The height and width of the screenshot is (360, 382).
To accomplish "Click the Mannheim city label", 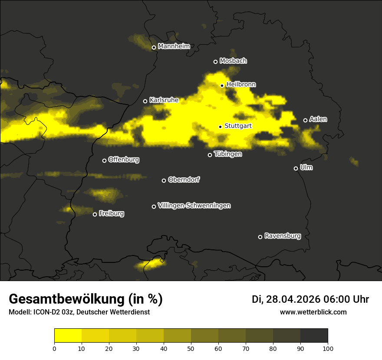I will pyautogui.click(x=174, y=46).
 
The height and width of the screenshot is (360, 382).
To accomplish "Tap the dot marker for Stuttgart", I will pyautogui.click(x=221, y=127).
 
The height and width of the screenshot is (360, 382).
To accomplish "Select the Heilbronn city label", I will pyautogui.click(x=241, y=85).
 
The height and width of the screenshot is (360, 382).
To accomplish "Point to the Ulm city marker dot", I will pyautogui.click(x=296, y=168).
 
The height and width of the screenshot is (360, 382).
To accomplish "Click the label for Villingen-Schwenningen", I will pyautogui.click(x=194, y=206).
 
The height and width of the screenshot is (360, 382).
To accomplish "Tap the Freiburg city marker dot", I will pyautogui.click(x=95, y=214).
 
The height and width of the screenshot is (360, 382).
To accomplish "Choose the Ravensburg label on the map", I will pyautogui.click(x=282, y=236).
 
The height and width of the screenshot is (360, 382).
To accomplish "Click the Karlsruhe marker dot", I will pyautogui.click(x=145, y=101).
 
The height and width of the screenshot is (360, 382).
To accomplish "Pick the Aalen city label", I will pyautogui.click(x=318, y=119).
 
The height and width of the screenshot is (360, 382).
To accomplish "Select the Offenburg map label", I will pyautogui.click(x=124, y=160).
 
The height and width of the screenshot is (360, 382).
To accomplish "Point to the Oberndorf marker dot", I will pyautogui.click(x=164, y=180).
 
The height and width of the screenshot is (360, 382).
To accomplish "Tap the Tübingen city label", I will pyautogui.click(x=228, y=154).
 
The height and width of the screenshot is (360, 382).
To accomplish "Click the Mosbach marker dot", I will pyautogui.click(x=215, y=62).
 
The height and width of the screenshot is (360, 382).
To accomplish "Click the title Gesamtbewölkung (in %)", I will pyautogui.click(x=86, y=299).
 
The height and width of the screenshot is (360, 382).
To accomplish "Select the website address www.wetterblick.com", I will pyautogui.click(x=313, y=312).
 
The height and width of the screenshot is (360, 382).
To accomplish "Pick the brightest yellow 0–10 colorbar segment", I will pyautogui.click(x=68, y=336).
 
